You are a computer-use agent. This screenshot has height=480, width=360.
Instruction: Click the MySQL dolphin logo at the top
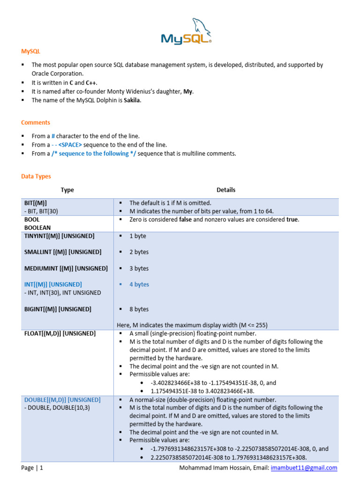(x=186, y=32)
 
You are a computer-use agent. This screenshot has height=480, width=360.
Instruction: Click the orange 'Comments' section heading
(x=36, y=123)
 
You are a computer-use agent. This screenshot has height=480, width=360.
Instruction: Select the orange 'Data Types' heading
(x=36, y=177)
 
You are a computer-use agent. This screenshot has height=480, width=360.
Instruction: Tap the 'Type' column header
(x=67, y=190)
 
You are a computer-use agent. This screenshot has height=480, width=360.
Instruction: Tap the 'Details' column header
(x=226, y=190)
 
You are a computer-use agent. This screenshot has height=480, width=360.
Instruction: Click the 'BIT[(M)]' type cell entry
(x=36, y=203)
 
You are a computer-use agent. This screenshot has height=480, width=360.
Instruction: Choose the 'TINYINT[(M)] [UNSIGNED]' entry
(x=59, y=236)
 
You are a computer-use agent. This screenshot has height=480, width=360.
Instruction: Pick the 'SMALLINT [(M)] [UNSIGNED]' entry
(x=63, y=252)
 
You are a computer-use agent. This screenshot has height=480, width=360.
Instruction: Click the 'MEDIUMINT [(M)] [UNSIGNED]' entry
(x=66, y=269)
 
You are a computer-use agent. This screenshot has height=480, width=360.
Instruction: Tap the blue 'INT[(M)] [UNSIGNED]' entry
(x=53, y=285)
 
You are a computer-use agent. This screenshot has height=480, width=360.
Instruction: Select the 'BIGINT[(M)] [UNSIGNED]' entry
(x=58, y=309)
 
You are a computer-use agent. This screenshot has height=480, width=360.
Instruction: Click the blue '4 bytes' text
(x=139, y=285)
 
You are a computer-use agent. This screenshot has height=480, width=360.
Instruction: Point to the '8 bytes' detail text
(x=139, y=309)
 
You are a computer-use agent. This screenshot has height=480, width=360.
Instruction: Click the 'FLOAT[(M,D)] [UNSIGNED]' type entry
(x=60, y=334)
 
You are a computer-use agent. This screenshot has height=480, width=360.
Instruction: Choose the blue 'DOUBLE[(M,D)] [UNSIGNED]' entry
(x=62, y=400)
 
